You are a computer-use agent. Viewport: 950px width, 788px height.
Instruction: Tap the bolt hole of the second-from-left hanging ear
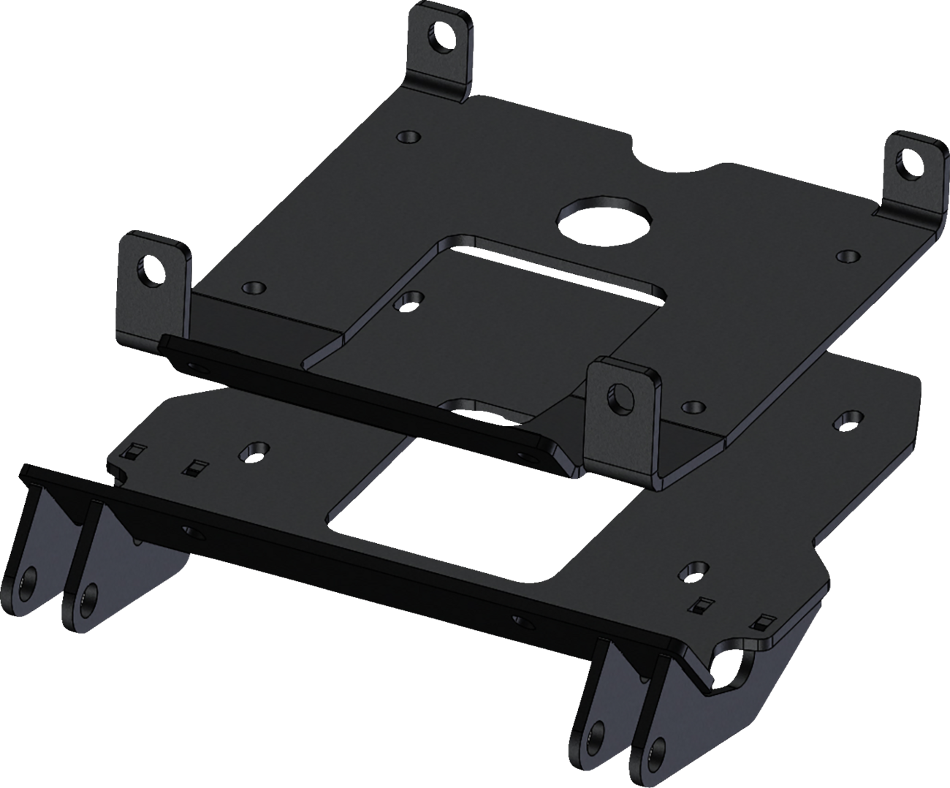coord(86,598)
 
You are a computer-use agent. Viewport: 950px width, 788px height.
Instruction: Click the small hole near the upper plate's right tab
coord(848,255)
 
